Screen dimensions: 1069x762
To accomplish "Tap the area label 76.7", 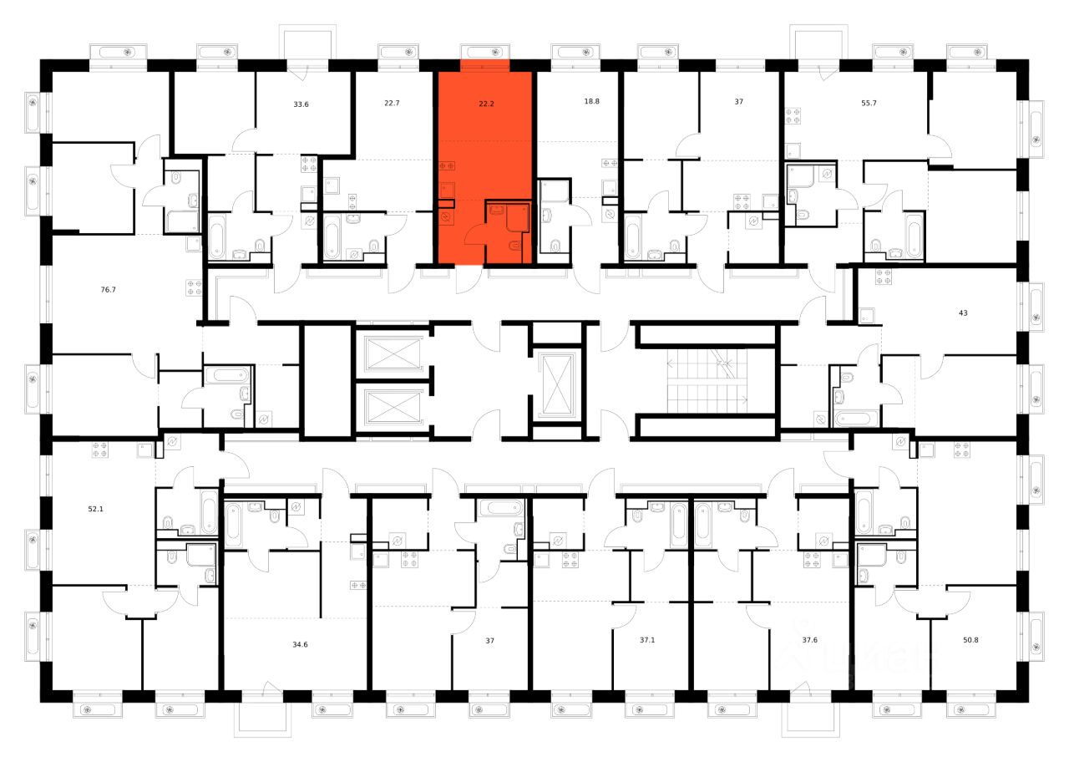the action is click(x=108, y=290).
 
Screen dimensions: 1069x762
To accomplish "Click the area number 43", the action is click(x=962, y=313).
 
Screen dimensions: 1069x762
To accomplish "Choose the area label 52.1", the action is click(x=96, y=507).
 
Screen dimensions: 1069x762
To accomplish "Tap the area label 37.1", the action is click(x=647, y=641).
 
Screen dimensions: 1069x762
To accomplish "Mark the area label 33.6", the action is click(x=302, y=104).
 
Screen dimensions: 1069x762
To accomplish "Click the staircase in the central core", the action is click(x=707, y=380).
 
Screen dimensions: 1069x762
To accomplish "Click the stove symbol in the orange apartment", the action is click(x=446, y=166).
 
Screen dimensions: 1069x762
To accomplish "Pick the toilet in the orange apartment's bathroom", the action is click(x=515, y=245).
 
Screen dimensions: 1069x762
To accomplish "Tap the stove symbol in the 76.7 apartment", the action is click(x=194, y=287).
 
